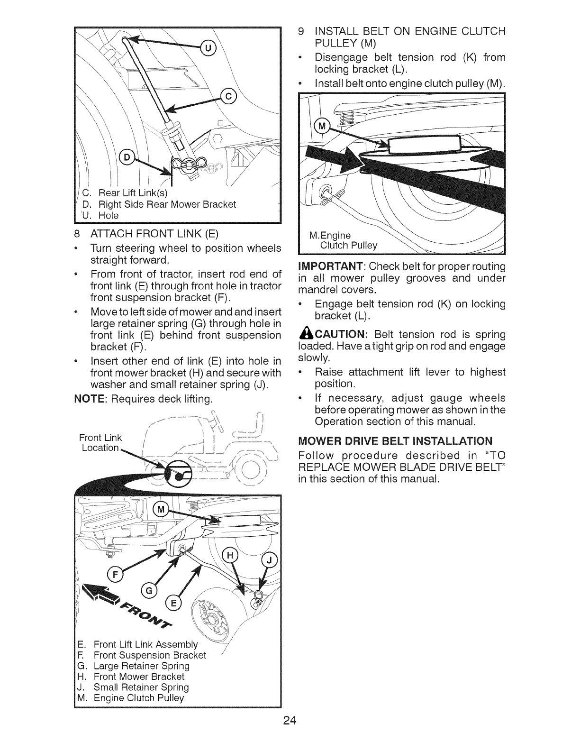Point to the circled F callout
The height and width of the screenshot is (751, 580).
114,575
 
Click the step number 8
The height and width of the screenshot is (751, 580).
77,234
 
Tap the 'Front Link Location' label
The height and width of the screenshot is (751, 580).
100,442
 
